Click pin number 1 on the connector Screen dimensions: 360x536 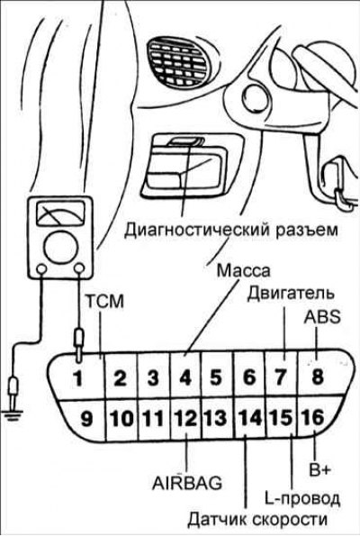point(78,378)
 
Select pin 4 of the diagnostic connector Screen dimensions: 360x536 point(185,378)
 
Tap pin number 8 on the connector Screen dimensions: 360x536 point(318,377)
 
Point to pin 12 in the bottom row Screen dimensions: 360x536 point(185,418)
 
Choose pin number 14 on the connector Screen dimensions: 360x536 point(250,417)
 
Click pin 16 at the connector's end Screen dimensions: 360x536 point(311,417)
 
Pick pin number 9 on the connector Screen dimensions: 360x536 point(86,418)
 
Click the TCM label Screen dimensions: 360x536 point(104,302)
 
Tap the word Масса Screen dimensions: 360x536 point(244,271)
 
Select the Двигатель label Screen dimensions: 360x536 point(291,294)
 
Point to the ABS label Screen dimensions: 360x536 point(322,317)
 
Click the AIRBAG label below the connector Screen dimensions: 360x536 point(187,484)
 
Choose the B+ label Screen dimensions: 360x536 point(320,469)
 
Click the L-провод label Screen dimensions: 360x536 point(302,499)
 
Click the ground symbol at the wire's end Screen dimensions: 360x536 point(13,414)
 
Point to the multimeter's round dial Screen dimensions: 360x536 point(59,248)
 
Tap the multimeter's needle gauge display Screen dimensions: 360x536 point(60,214)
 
